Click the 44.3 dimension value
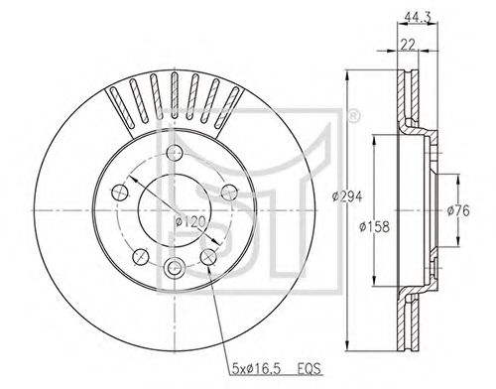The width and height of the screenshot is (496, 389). [x=418, y=18]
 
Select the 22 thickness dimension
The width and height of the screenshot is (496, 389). [x=408, y=44]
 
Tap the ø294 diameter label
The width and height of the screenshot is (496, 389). [x=347, y=196]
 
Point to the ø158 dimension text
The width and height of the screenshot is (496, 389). [x=374, y=226]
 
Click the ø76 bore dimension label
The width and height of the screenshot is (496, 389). [x=458, y=210]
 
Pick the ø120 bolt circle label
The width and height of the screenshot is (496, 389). [x=190, y=221]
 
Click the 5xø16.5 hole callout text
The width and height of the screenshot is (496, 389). [x=256, y=369]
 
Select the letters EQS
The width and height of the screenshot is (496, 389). [x=310, y=369]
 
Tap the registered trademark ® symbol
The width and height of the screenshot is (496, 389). [x=353, y=116]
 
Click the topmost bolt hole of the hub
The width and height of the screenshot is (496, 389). [x=175, y=153]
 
